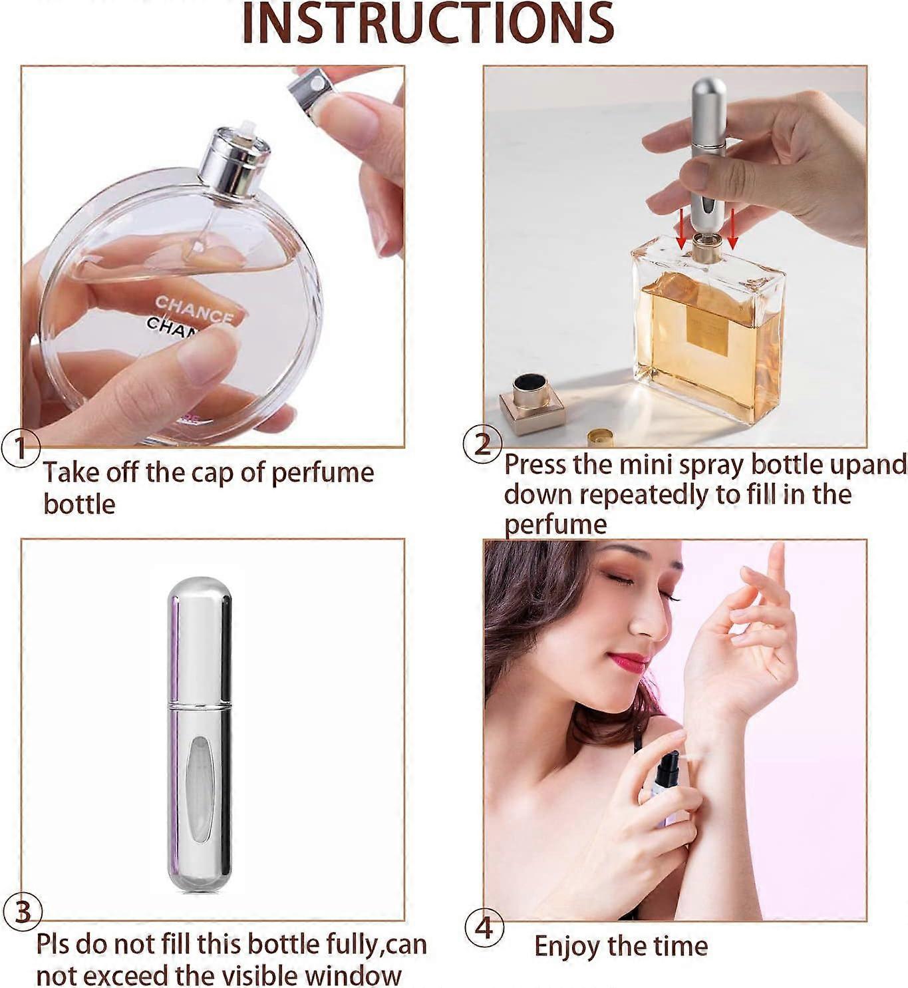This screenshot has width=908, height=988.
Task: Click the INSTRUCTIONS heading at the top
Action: (x=428, y=24)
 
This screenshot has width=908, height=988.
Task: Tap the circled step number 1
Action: (x=21, y=448)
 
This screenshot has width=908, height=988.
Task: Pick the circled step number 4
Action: (x=484, y=927)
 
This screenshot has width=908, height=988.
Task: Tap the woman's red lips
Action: (x=628, y=661)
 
